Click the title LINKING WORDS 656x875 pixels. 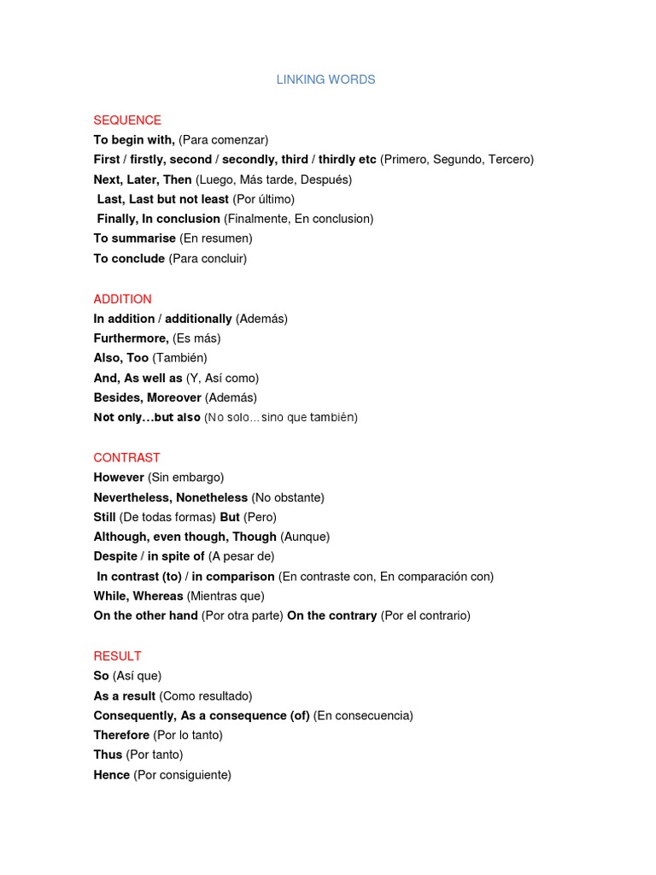325,79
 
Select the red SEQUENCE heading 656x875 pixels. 127,120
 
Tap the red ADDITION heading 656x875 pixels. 122,299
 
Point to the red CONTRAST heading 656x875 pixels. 126,458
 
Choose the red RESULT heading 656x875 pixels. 117,656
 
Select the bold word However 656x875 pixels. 119,478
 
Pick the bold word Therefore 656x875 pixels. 121,735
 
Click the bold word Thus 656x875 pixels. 108,755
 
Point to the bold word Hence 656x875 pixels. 112,775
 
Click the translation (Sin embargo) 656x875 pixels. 185,478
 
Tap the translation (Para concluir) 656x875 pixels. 208,258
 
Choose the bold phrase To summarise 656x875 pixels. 135,238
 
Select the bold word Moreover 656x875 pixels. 174,398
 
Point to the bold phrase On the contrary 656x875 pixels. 331,616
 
